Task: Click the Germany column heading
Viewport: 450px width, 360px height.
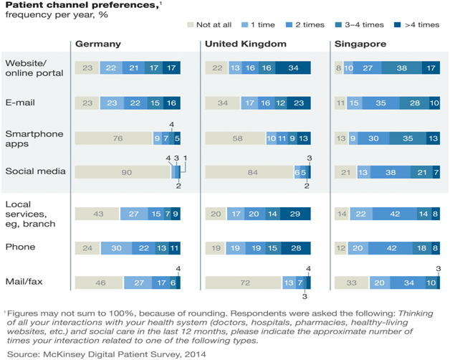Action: [97, 44]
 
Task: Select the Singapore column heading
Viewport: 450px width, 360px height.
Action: [360, 44]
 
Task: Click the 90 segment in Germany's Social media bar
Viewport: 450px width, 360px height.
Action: [122, 172]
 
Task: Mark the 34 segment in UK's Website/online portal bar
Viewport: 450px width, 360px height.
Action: [293, 68]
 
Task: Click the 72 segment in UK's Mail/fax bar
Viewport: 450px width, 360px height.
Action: [244, 284]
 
